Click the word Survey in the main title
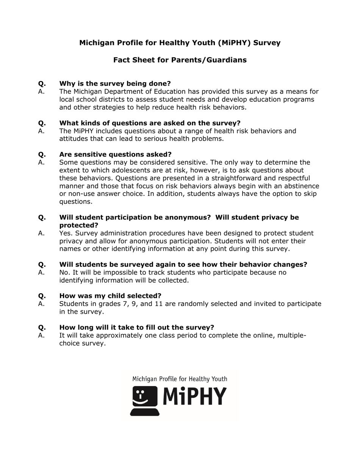click(x=267, y=43)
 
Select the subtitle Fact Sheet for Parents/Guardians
click(x=180, y=60)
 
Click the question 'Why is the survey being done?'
click(x=115, y=83)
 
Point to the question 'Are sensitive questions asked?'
click(x=115, y=154)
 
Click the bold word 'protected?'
click(x=79, y=225)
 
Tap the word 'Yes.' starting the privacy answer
click(x=66, y=233)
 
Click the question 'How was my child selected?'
click(x=110, y=296)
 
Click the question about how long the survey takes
click(x=136, y=327)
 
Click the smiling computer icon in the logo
click(x=144, y=401)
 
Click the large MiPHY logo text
click(x=195, y=396)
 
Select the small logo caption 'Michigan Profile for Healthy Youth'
click(x=180, y=379)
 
